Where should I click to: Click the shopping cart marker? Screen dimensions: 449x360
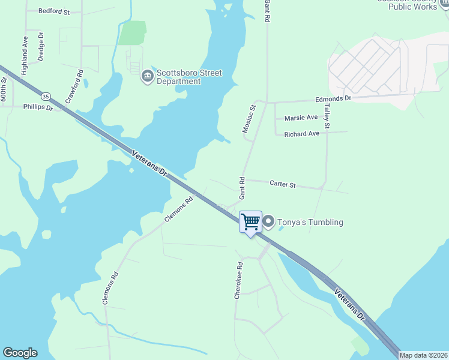251,221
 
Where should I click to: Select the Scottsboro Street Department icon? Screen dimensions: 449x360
148,76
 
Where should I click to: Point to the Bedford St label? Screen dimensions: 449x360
54,11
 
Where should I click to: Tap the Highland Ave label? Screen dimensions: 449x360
25,55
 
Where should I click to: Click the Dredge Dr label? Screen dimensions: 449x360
41,46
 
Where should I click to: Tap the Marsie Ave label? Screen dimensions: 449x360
301,118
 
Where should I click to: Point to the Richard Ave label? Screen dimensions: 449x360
302,134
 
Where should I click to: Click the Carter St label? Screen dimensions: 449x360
283,184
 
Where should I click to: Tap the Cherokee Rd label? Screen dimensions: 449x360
239,280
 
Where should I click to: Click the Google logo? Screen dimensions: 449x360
20,353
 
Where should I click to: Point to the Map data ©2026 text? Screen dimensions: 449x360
423,355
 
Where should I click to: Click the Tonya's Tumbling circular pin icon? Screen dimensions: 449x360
269,222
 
